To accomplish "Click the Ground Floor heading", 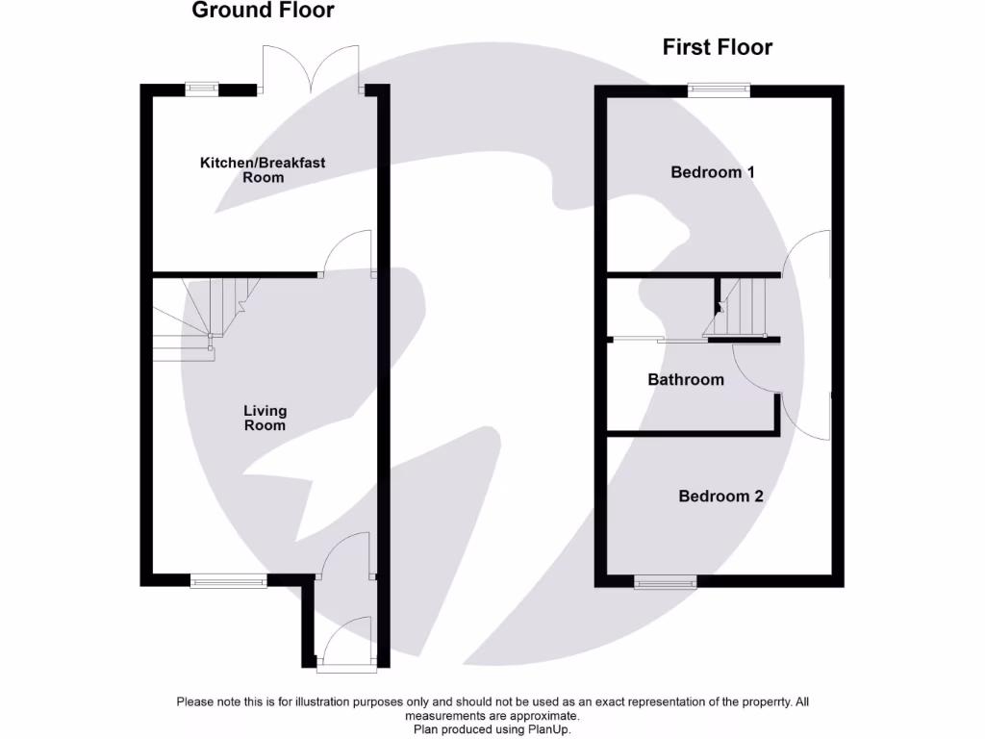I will [263, 12].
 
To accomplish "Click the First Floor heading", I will [717, 47].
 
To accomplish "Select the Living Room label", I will [264, 418].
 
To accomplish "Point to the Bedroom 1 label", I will [713, 172].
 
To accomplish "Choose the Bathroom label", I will [685, 380].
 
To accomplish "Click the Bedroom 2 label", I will [720, 497].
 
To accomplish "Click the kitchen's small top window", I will [202, 89].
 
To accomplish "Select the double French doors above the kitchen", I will [310, 69].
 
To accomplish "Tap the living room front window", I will [228, 580].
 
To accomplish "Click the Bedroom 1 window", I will [719, 89].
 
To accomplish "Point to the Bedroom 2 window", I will [665, 580].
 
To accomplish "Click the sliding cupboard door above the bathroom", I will [659, 340].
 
